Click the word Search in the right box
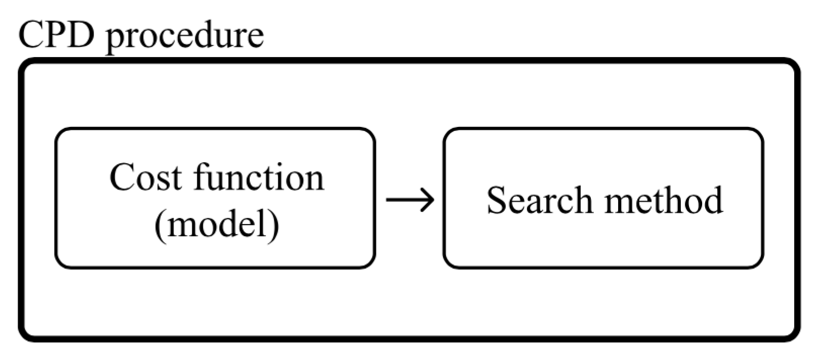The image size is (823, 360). click(x=539, y=200)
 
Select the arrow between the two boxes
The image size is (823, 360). click(x=410, y=200)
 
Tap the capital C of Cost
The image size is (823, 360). click(x=121, y=178)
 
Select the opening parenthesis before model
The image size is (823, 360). click(x=159, y=224)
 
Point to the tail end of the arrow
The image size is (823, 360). click(x=388, y=200)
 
